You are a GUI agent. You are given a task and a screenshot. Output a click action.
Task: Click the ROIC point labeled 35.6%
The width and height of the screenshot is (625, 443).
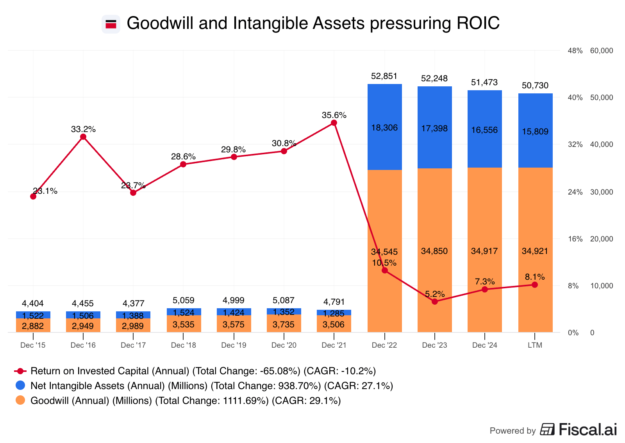click(x=334, y=123)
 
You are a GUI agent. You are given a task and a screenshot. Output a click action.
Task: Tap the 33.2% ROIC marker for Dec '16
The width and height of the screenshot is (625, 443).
click(x=83, y=137)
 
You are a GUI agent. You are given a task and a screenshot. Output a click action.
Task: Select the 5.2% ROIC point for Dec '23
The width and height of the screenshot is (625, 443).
click(x=435, y=302)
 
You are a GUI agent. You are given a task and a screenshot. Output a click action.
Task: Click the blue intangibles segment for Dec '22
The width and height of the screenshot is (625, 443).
click(x=385, y=127)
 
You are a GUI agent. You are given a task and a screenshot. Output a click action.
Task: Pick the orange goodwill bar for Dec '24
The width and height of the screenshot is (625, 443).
click(x=485, y=250)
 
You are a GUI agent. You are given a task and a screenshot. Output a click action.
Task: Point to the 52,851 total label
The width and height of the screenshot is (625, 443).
click(x=384, y=76)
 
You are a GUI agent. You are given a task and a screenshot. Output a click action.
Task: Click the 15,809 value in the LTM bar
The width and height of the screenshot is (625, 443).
click(x=535, y=132)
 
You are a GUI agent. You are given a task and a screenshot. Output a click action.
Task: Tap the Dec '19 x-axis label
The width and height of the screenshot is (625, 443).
click(x=234, y=345)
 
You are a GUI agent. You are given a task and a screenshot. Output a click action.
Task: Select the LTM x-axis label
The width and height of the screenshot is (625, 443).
click(x=535, y=345)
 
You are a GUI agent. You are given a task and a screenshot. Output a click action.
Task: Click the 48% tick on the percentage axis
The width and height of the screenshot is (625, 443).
click(x=575, y=51)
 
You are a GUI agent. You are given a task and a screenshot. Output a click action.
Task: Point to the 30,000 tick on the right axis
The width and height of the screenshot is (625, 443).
click(x=602, y=192)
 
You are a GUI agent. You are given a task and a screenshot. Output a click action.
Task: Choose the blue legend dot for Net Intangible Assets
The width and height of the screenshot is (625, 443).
click(x=20, y=386)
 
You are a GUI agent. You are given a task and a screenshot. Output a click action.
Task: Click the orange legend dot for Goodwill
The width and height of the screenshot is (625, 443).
click(x=20, y=400)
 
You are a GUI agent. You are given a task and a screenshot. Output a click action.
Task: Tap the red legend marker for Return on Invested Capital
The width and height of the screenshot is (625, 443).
click(x=20, y=371)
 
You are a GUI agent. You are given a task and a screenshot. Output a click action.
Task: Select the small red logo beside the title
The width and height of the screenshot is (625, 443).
click(x=111, y=24)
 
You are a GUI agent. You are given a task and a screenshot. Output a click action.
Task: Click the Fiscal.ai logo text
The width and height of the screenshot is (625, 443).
click(x=587, y=430)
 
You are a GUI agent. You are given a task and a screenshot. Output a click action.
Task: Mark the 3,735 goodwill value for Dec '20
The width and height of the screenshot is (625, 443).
click(x=284, y=325)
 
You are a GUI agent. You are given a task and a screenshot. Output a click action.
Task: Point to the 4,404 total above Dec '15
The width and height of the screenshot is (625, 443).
click(x=33, y=304)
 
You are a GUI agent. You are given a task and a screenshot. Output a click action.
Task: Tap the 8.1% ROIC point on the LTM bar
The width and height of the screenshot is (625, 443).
click(x=535, y=285)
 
